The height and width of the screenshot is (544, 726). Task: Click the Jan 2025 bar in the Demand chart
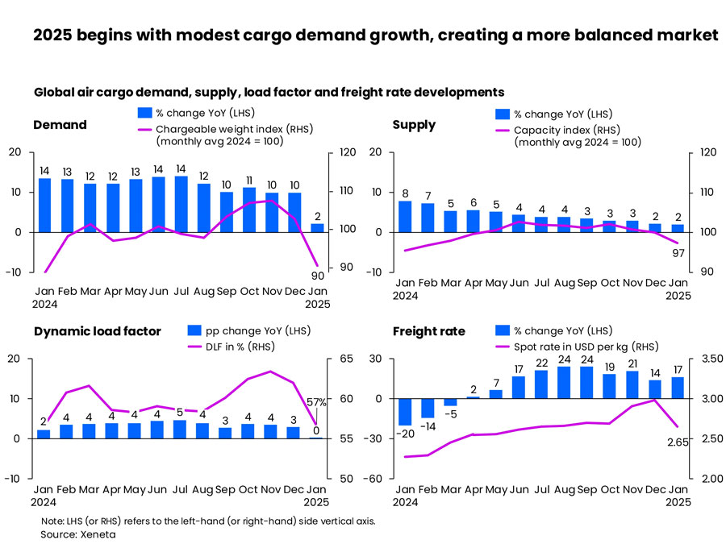(x=318, y=228)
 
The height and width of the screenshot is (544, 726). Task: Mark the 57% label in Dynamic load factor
(x=317, y=401)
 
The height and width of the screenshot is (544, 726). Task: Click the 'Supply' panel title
(x=414, y=125)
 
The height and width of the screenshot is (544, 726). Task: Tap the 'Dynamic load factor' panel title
(x=98, y=331)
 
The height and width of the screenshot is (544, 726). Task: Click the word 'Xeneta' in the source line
(x=98, y=534)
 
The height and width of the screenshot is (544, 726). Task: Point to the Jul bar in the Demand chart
(x=181, y=204)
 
